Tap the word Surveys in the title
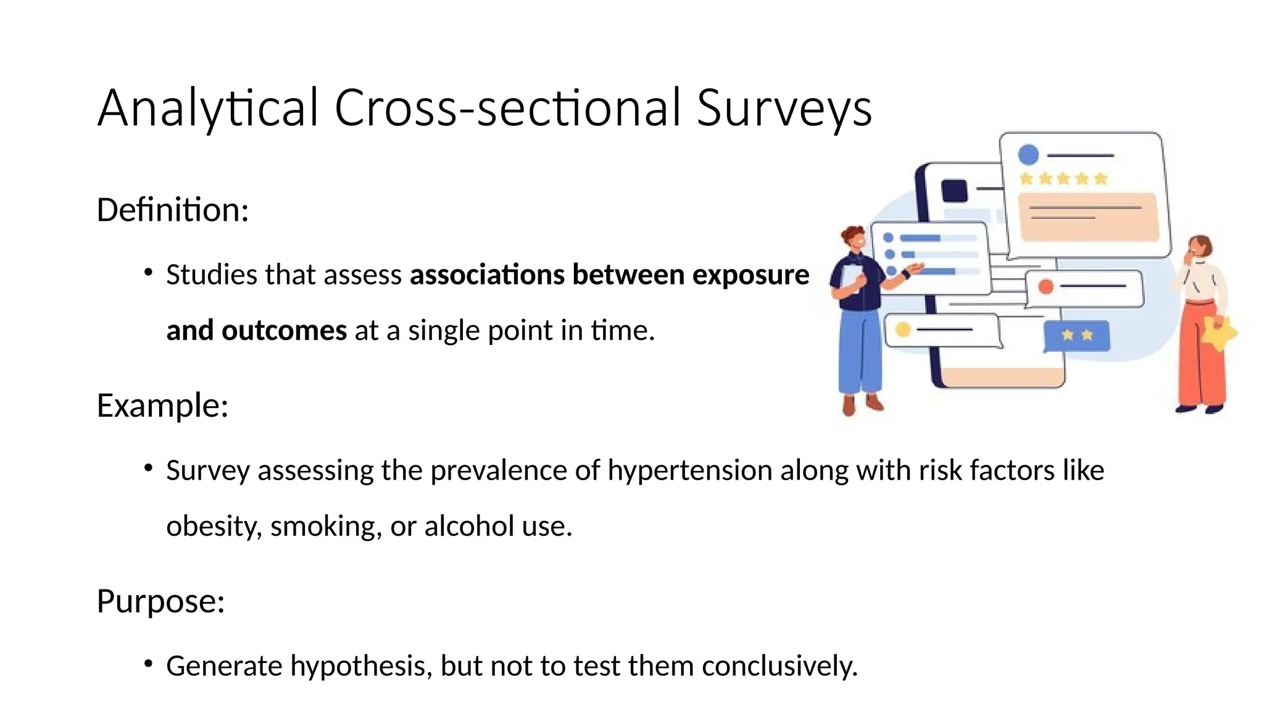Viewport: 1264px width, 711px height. tap(784, 108)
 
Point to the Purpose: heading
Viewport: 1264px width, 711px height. tap(160, 601)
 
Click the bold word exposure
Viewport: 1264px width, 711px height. tap(750, 275)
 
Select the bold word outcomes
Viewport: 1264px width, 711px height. tap(284, 330)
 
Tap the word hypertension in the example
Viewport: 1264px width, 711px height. tap(690, 470)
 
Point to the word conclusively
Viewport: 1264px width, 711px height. tap(780, 666)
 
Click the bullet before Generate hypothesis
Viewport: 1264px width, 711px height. tap(148, 664)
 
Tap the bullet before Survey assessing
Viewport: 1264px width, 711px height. tap(148, 468)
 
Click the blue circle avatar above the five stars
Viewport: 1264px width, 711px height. tap(1028, 154)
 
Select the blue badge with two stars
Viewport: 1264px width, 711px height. tap(1077, 335)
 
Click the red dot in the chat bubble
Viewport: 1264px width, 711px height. tap(1046, 286)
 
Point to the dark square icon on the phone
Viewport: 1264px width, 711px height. tap(955, 190)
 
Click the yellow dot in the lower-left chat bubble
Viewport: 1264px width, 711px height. tap(903, 330)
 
